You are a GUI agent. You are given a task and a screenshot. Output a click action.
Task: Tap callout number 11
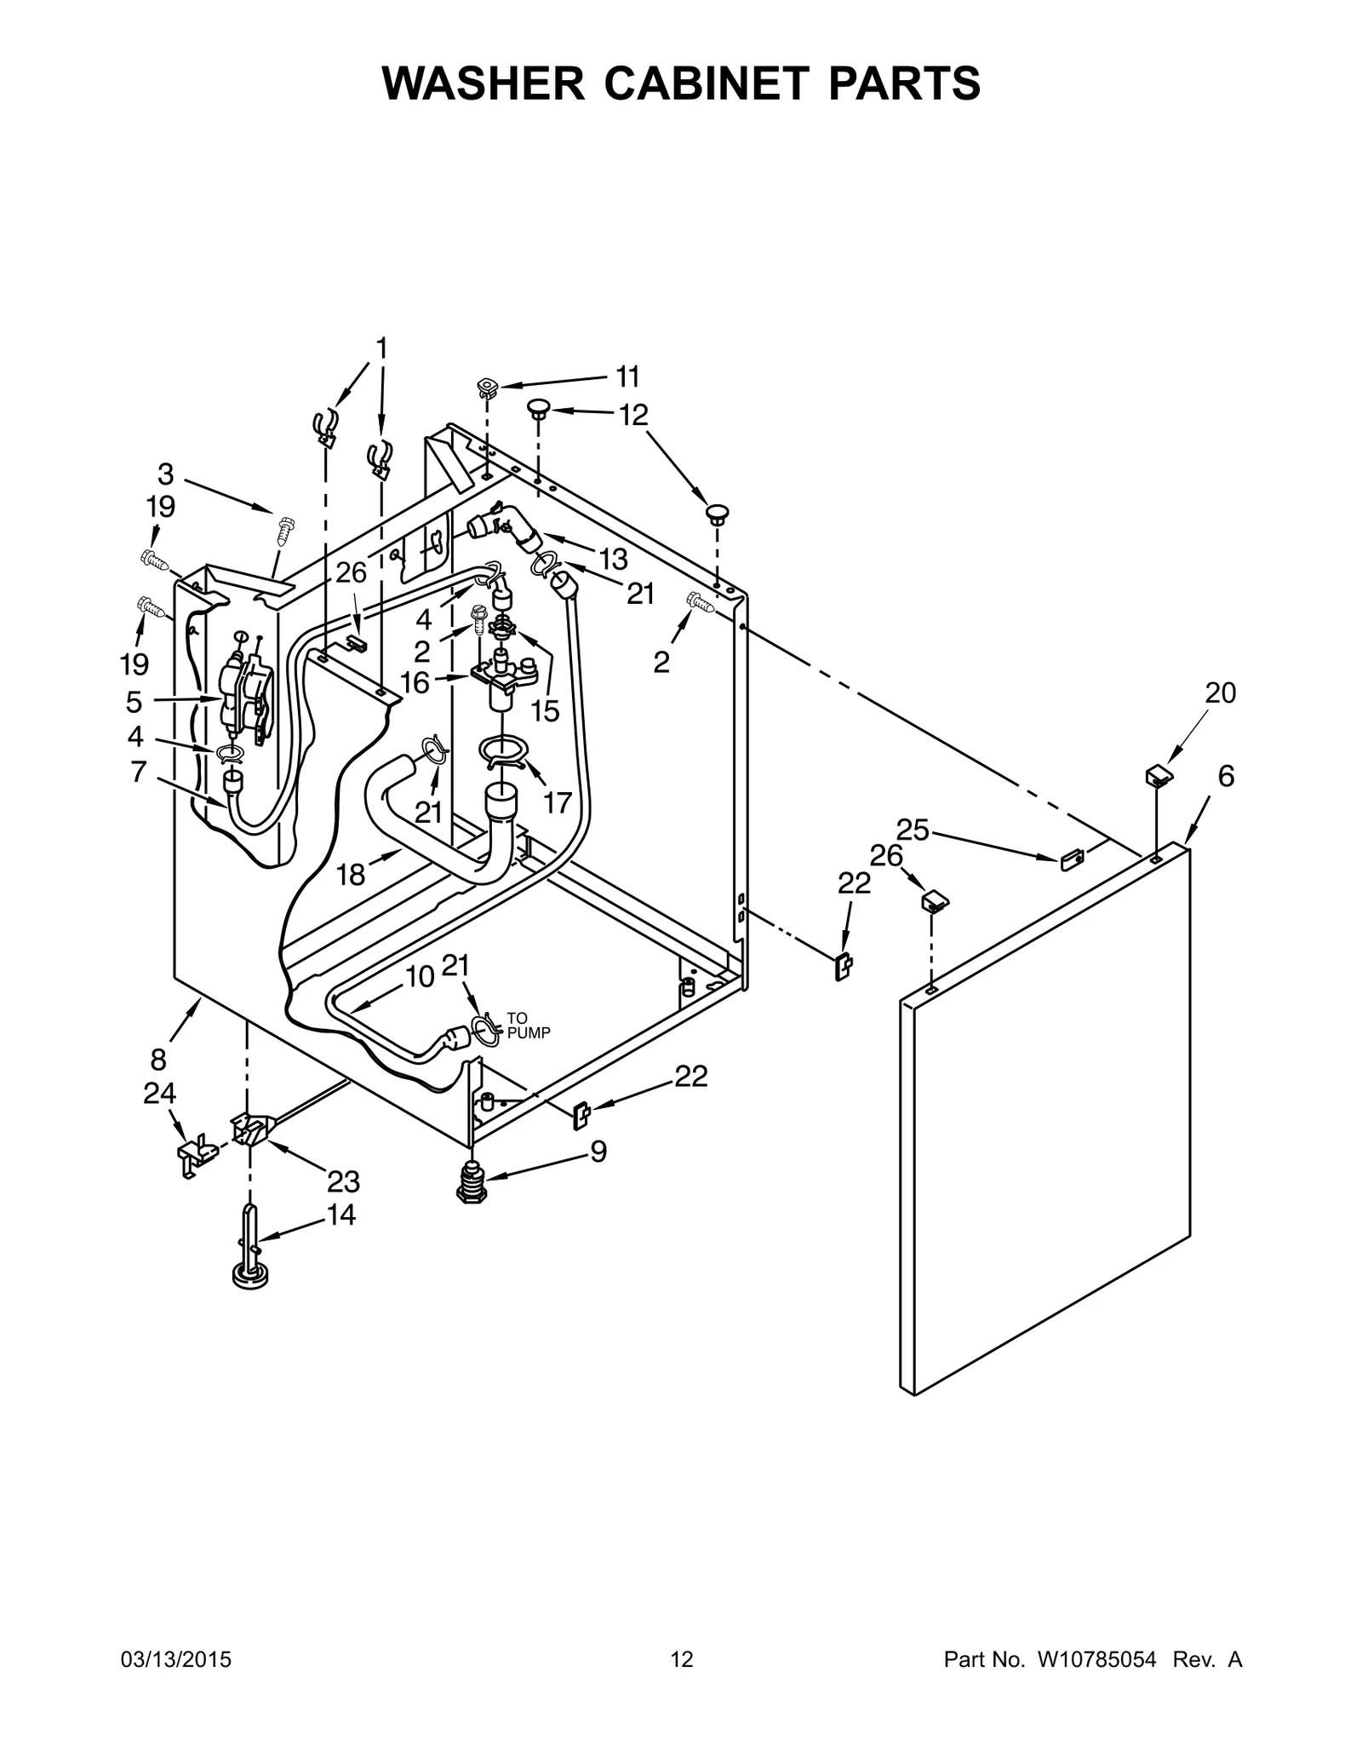(627, 376)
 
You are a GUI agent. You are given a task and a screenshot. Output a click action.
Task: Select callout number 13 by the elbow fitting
(613, 560)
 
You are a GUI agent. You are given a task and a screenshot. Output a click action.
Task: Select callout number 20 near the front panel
(1220, 693)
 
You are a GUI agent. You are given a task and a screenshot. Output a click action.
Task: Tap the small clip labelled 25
(1071, 859)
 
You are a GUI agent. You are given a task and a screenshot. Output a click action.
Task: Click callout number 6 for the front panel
(1225, 776)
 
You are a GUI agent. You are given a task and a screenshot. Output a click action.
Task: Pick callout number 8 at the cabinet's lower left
(158, 1060)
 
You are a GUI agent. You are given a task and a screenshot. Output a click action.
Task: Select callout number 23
(343, 1181)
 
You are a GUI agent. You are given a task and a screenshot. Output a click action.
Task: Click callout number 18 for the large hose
(351, 874)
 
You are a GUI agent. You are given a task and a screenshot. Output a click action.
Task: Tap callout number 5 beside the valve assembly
(134, 702)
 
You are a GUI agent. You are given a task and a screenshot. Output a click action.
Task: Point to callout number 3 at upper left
(165, 474)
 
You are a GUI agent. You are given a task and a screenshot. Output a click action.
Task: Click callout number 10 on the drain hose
(420, 977)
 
